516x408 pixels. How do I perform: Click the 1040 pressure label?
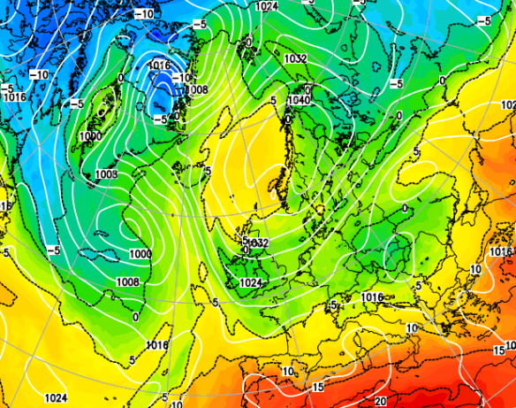click(x=299, y=101)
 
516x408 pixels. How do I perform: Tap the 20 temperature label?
click(x=379, y=401)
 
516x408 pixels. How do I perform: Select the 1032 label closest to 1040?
click(x=296, y=58)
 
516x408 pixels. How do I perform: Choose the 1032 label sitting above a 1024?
click(x=258, y=242)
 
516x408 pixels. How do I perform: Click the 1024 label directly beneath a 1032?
click(x=251, y=283)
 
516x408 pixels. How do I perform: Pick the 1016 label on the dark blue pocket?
click(x=160, y=65)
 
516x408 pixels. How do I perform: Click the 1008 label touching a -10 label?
click(x=197, y=89)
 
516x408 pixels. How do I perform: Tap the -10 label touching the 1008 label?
click(x=183, y=79)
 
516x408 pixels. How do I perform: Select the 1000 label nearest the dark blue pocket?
click(x=89, y=136)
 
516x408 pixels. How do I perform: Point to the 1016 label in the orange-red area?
click(x=372, y=297)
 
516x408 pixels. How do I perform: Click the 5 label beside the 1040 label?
click(x=274, y=101)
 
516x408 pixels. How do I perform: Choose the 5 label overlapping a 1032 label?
click(x=246, y=240)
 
